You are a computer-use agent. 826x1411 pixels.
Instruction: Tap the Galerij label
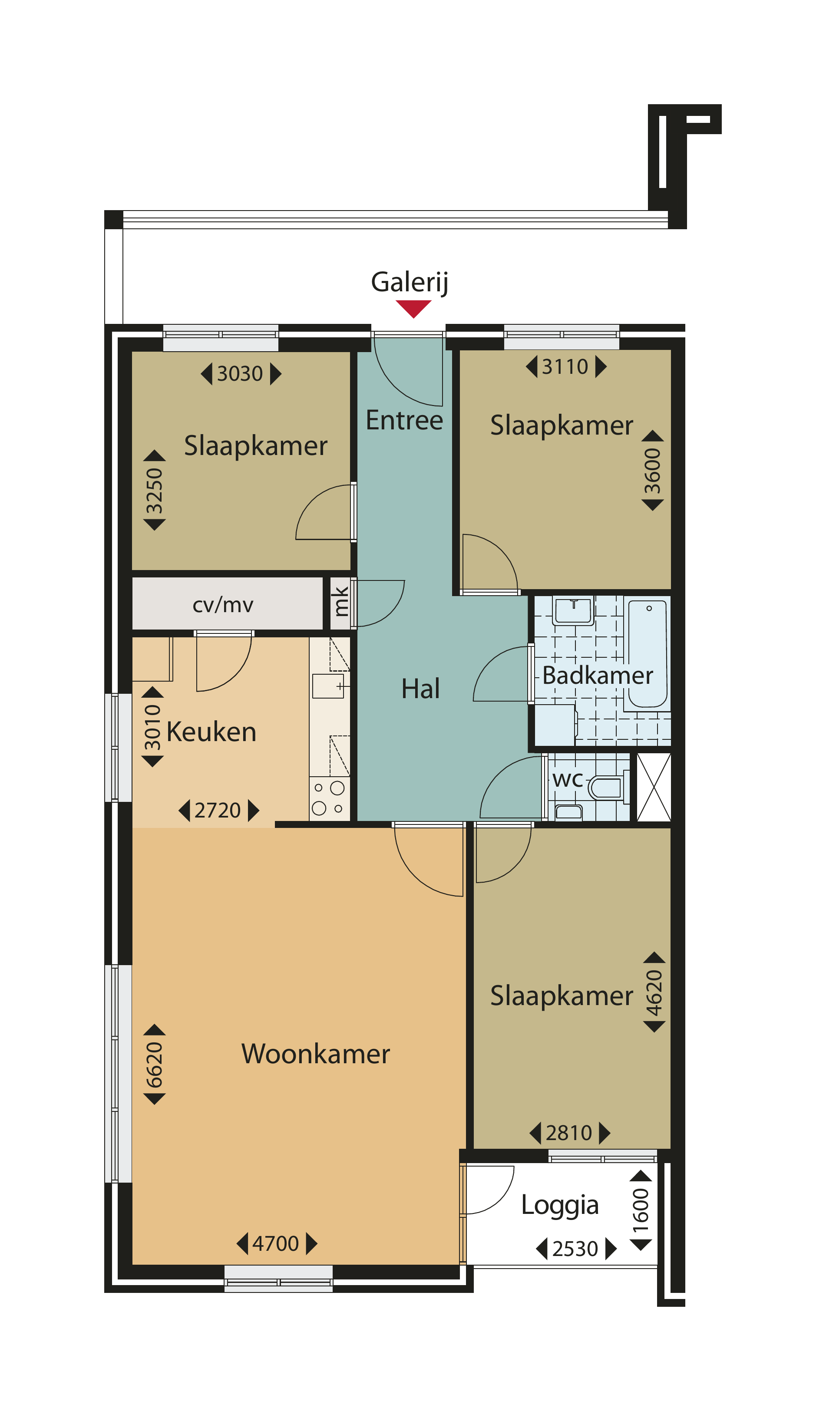point(410,282)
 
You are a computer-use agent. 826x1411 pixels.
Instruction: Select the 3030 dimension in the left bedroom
point(240,373)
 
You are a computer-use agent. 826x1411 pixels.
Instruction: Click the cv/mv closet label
point(223,605)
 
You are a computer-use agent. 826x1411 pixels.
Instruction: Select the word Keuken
point(211,732)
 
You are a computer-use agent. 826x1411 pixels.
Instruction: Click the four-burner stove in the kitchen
point(329,798)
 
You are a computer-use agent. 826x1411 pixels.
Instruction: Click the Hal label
point(420,689)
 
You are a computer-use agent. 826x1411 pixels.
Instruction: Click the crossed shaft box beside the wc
point(654,787)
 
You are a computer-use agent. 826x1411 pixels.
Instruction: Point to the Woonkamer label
point(315,1054)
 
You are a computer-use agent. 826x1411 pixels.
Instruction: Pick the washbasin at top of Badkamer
point(572,610)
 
